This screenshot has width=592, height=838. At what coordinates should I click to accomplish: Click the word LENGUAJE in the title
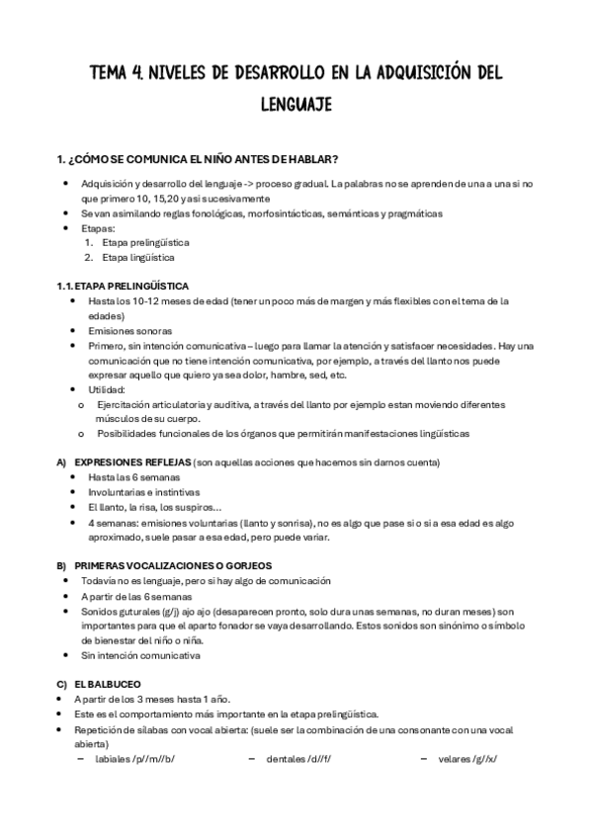tap(296, 103)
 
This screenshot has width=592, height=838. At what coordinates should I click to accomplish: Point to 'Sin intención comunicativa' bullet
tap(140, 654)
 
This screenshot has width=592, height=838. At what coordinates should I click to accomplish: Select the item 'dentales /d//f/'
tap(300, 758)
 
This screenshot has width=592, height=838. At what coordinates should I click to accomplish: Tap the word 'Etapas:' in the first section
tap(98, 227)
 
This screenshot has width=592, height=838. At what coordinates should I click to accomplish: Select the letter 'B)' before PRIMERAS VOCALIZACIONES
tap(63, 565)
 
